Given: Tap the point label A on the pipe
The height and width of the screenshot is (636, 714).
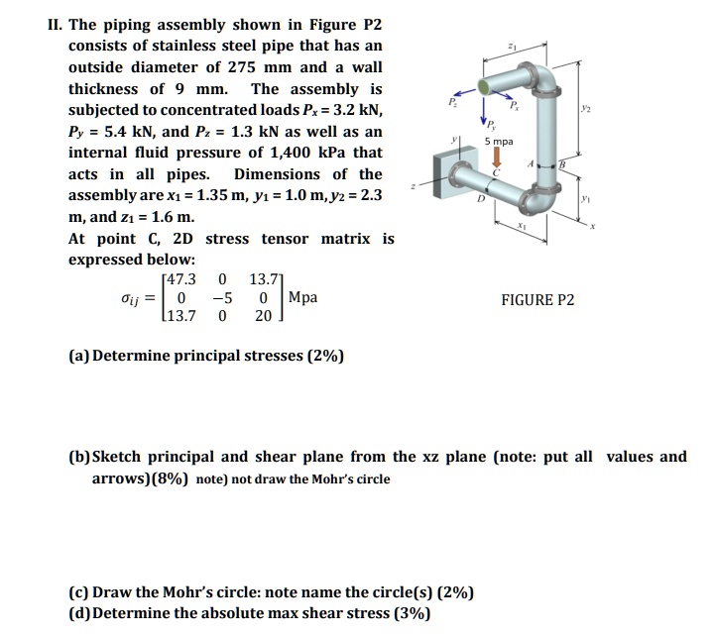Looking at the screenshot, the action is pos(533,164).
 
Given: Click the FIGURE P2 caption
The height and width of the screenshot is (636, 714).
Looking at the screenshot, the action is pos(537,300).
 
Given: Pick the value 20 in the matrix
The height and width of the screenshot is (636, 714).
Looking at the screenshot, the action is pos(261,316).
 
